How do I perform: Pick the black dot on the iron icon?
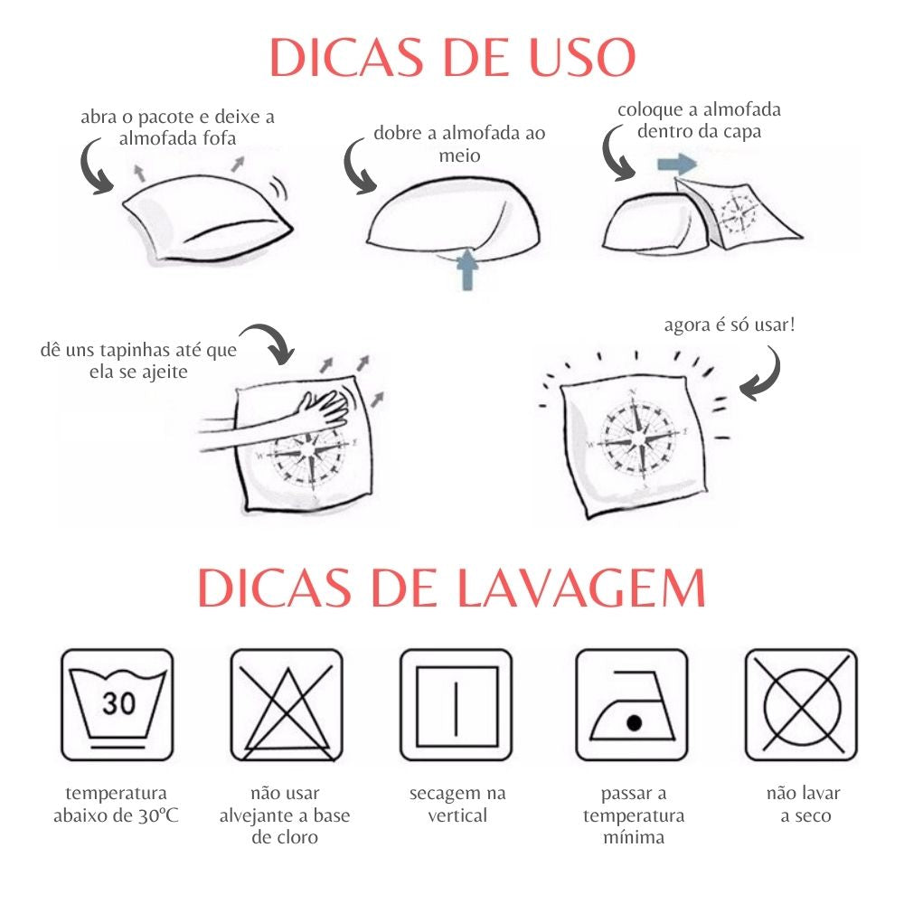pos(633,721)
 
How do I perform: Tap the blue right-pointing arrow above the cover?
pos(677,164)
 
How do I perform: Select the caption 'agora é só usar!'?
pos(730,324)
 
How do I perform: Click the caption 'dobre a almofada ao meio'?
pos(459,144)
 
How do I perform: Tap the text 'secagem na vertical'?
pos(457,805)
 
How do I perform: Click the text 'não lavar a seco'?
pos(803,805)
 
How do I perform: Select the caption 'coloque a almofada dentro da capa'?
pos(699,120)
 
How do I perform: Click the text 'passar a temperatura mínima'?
pos(633,815)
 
